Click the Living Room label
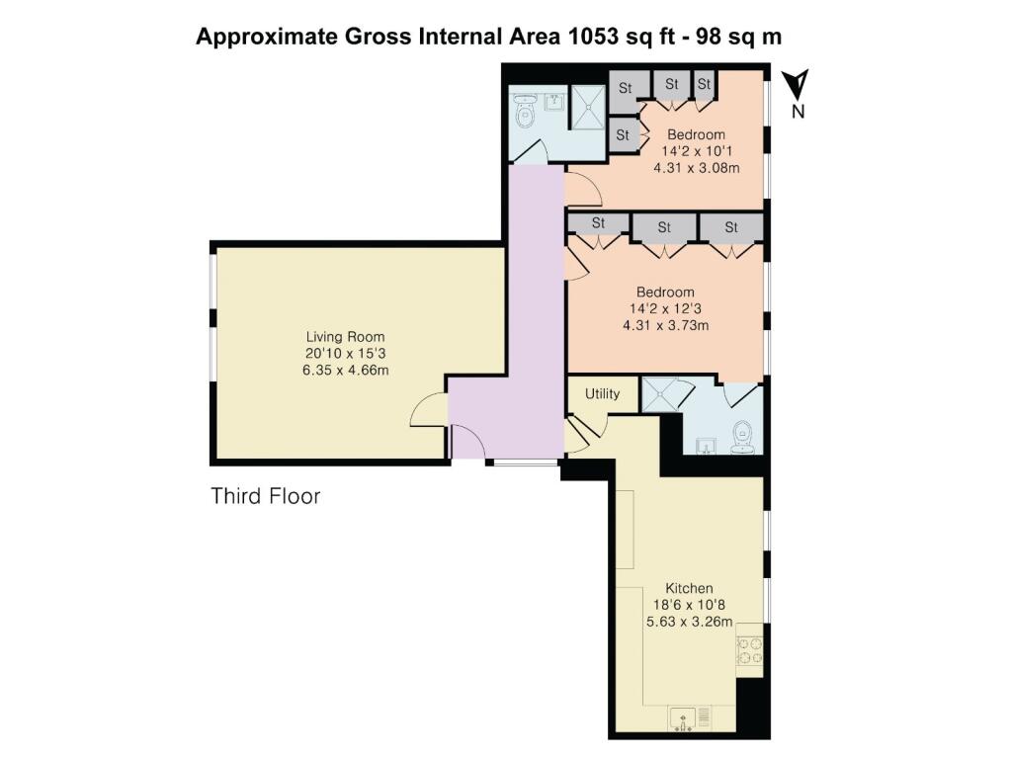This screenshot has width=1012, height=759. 345,337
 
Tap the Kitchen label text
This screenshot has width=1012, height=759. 689,589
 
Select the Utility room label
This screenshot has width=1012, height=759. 602,393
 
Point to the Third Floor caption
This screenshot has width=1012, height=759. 265,496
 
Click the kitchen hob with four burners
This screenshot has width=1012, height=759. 749,650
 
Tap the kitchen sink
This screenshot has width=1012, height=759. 683,719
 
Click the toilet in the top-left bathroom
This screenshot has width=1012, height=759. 525,113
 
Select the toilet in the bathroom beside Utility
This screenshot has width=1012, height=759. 743,437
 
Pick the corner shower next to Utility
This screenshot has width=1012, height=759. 659,394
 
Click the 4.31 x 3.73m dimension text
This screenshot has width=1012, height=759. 665,325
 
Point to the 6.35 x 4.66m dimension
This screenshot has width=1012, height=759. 345,371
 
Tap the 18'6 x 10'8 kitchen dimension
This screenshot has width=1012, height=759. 689,606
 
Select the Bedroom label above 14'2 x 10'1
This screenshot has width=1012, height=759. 696,134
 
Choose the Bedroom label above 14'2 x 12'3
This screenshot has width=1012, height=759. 665,292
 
